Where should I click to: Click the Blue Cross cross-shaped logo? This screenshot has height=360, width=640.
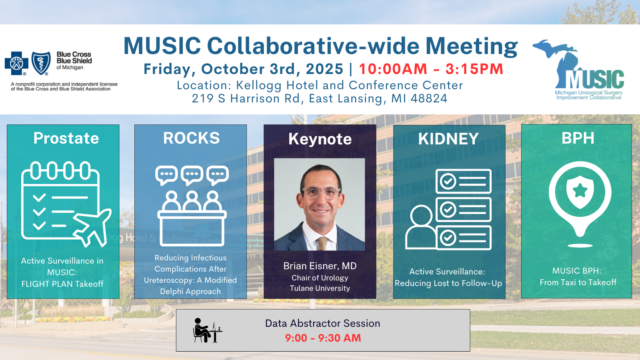16,63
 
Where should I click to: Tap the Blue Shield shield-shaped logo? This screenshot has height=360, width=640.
41,63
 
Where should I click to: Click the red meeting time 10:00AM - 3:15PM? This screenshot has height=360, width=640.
431,69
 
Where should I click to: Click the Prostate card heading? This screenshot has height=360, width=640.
66,138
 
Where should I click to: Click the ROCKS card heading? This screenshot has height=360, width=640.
192,138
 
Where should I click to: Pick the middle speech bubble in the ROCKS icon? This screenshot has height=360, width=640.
192,175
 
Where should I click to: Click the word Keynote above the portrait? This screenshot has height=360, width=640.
320,139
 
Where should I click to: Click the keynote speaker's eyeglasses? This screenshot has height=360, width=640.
322,194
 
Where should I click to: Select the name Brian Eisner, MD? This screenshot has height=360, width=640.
320,266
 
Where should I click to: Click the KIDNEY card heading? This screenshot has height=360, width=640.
448,139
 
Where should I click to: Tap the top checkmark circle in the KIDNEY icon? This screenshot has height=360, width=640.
448,181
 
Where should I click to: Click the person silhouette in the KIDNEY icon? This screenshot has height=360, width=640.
421,227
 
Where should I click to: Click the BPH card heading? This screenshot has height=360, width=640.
578,138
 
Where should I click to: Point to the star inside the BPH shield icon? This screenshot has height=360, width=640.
580,191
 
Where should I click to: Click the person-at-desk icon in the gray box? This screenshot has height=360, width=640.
208,330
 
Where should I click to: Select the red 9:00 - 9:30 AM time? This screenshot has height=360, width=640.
323,338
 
